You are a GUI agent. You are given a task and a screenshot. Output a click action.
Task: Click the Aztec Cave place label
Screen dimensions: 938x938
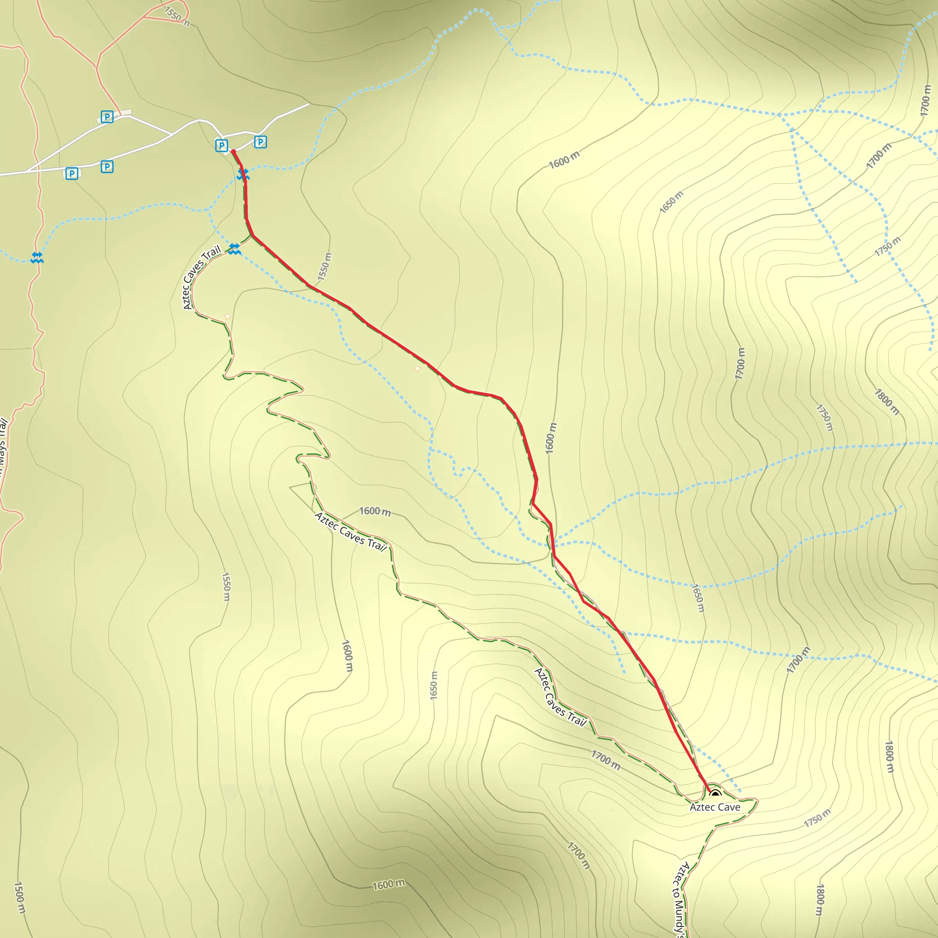714,807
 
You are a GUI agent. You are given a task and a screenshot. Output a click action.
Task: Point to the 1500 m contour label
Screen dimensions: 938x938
19,898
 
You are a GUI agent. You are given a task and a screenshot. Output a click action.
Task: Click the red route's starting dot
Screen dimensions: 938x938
234,152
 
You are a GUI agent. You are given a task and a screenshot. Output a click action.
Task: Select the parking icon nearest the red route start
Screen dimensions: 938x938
221,145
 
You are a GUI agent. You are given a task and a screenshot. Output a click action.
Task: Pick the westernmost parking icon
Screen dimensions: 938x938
71,173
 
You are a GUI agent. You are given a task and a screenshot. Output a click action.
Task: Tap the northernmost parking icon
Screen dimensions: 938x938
107,116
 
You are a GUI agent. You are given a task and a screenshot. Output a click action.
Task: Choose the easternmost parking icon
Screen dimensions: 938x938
260,142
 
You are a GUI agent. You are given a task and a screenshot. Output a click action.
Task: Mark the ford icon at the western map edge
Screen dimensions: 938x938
37,257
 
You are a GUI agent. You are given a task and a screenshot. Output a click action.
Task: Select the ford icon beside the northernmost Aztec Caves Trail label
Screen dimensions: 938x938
234,249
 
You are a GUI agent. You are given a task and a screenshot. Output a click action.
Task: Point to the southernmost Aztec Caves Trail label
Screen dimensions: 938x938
560,697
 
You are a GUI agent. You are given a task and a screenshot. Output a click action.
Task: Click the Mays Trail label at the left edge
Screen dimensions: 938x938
3,447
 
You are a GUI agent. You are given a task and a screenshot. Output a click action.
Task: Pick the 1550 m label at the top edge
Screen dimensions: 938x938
176,15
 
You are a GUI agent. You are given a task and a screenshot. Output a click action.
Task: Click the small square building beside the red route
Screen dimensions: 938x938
417,369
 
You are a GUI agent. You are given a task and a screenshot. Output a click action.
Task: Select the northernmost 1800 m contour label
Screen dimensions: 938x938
887,402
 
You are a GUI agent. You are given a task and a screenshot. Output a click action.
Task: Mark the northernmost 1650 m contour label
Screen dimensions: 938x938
671,202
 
